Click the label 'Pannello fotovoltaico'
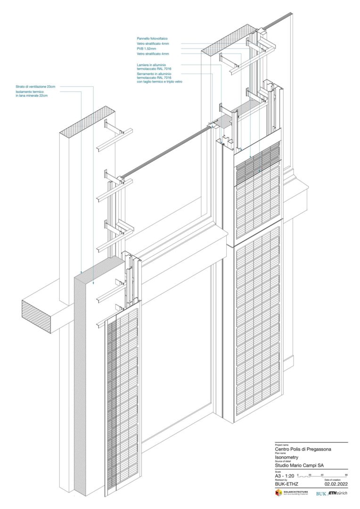152,38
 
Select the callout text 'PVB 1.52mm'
146,49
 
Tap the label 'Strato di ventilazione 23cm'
35,87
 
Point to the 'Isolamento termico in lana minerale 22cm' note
32,94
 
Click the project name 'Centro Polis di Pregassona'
303,449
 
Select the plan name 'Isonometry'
287,457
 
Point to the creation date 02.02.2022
336,484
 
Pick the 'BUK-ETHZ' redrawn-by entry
286,484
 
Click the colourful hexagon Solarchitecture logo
278,493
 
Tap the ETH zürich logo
337,493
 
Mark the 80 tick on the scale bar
346,474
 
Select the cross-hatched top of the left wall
88,120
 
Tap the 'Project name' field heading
281,444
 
